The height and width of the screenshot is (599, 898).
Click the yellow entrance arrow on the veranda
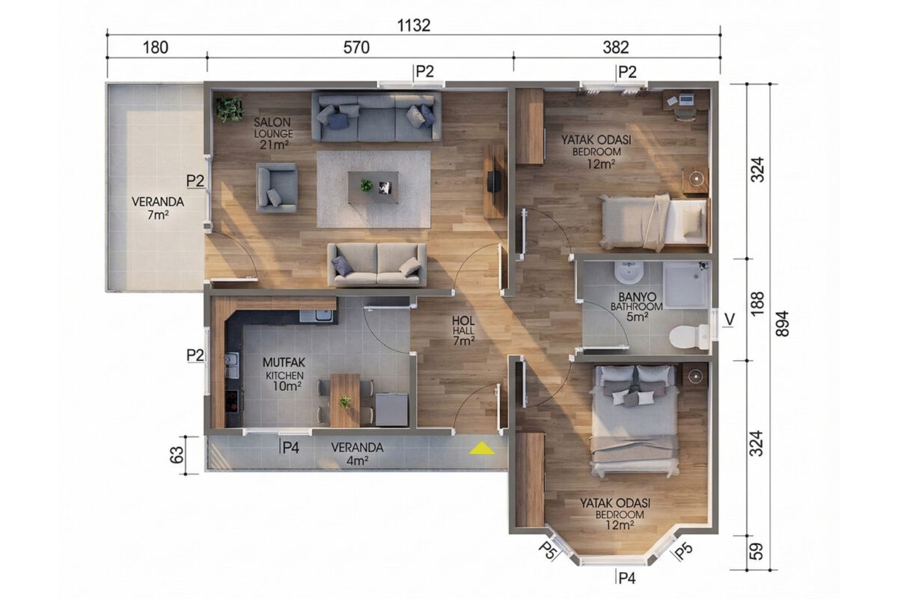[x=482, y=449]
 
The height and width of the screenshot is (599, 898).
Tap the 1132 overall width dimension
[x=413, y=25]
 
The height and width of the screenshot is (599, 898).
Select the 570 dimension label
[x=356, y=47]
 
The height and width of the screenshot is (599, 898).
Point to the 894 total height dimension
[x=783, y=323]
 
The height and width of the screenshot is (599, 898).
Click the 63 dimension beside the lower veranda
[x=177, y=455]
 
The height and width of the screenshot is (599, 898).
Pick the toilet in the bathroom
[x=689, y=337]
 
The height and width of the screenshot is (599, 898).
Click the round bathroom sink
[x=629, y=272]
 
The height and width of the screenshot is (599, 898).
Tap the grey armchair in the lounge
[x=277, y=187]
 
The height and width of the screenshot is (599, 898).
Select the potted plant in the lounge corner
[x=229, y=109]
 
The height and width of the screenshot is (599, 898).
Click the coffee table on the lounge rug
[x=373, y=187]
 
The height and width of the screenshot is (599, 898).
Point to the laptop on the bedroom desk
[x=685, y=98]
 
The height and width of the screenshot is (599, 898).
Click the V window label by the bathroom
[x=730, y=320]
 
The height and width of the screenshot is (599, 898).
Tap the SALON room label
[x=272, y=122]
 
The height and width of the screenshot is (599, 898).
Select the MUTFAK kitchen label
[x=284, y=362]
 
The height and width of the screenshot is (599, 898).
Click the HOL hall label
[x=463, y=320]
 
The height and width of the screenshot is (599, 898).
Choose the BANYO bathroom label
[x=638, y=297]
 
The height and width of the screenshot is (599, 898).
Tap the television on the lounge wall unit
[x=493, y=182]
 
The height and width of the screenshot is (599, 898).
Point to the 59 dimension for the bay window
[x=756, y=552]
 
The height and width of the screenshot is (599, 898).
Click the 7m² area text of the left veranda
[x=158, y=216]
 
